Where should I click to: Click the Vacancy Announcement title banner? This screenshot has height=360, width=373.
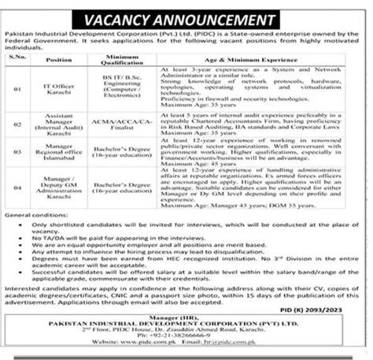click(x=186, y=13)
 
